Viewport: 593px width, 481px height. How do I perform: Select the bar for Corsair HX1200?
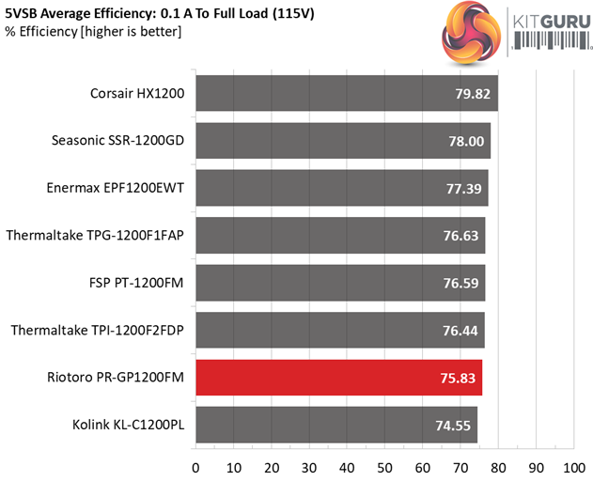pos(346,93)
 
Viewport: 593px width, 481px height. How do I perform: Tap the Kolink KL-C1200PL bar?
pos(336,425)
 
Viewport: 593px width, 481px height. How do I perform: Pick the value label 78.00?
pos(466,141)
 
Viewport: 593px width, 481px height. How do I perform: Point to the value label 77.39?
pos(463,189)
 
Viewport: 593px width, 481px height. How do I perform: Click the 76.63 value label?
pos(462,236)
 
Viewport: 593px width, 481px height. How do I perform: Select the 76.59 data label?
pos(462,283)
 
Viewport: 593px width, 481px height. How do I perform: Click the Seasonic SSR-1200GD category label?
pos(118,141)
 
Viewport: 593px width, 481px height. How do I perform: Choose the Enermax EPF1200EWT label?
pos(115,188)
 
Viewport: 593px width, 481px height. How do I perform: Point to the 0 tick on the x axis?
pos(195,466)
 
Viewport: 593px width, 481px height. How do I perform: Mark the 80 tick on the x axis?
pos(498,466)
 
